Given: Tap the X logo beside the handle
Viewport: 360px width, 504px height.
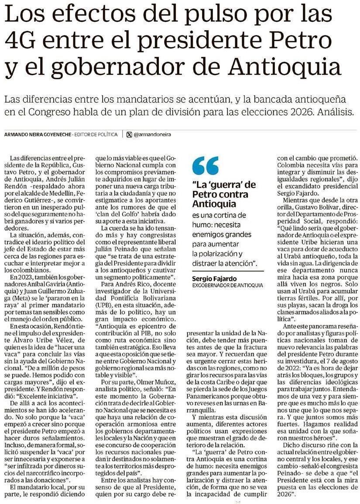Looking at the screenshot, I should click(129, 135).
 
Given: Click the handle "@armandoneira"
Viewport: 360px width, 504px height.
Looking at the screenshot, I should click(152, 135).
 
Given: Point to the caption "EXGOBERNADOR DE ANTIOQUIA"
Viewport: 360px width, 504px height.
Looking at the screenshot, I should click(227, 285).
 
